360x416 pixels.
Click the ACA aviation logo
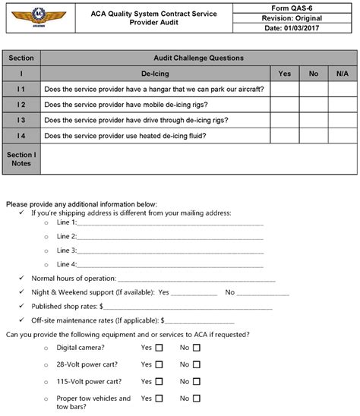[37, 17]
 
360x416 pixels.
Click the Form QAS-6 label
[297, 6]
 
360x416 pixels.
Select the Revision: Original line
[297, 17]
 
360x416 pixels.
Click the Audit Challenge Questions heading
[197, 58]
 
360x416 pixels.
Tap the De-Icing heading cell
[156, 74]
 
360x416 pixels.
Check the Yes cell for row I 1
[285, 89]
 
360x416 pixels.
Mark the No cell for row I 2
[313, 104]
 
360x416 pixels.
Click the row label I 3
[21, 120]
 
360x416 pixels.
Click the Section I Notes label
[21, 159]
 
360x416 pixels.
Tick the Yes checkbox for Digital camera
[159, 348]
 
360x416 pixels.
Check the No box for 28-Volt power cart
[197, 364]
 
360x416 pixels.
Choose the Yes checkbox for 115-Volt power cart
[159, 381]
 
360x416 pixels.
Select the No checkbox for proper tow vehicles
[197, 398]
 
